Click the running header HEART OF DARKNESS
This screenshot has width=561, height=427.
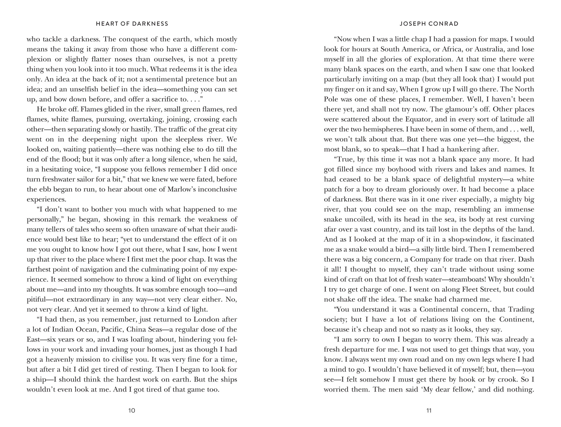pos(132,24)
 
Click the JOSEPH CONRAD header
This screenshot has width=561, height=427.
pos(429,24)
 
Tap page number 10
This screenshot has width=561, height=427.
pos(132,410)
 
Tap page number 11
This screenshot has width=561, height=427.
pos(429,410)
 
